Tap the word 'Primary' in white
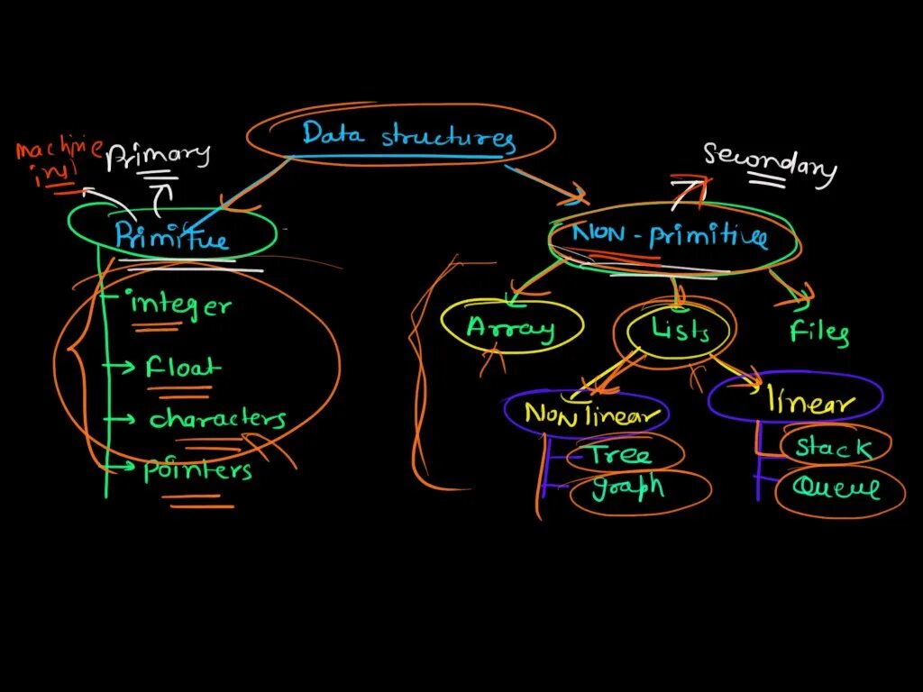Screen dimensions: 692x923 point(158,156)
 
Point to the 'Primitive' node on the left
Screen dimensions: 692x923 point(171,236)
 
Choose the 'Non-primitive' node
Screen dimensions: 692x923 point(671,237)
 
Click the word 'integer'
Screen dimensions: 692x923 point(180,305)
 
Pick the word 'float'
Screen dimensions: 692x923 point(183,368)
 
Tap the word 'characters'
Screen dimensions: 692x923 point(217,419)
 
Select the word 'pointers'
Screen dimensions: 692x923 point(197,470)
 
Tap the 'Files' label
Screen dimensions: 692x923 point(818,332)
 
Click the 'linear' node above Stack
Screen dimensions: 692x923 point(809,402)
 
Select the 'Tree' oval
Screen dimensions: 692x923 point(621,454)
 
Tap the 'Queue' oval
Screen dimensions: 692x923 point(836,488)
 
